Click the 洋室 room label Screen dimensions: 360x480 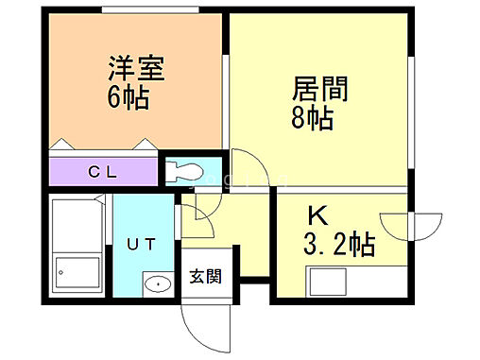(128, 69)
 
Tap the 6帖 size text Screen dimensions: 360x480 (127, 96)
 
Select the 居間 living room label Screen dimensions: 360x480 (321, 91)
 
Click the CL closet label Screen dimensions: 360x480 (102, 172)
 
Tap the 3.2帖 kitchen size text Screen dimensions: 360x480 (339, 247)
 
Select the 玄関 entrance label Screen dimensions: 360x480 (205, 277)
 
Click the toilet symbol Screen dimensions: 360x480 (189, 172)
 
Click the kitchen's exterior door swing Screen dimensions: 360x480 (426, 228)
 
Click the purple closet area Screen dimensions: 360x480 (102, 173)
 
